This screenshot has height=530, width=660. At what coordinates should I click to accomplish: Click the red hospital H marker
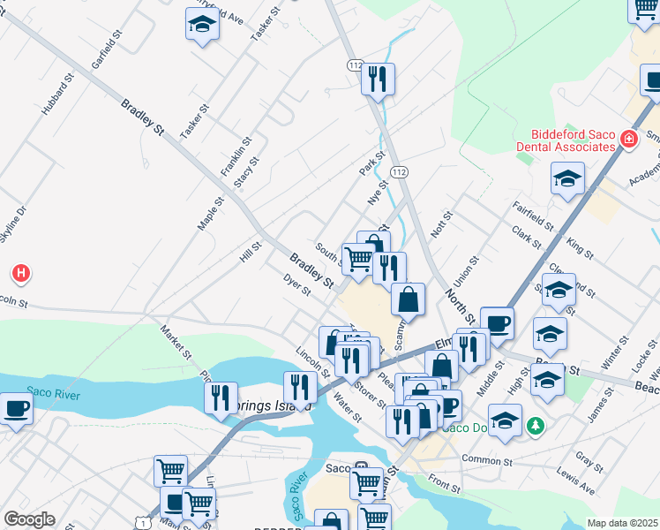(x=22, y=275)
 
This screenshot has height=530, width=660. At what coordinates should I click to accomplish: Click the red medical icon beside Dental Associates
(x=628, y=139)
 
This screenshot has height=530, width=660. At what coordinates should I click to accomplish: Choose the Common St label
(x=486, y=461)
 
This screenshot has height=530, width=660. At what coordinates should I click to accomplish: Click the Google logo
(x=29, y=519)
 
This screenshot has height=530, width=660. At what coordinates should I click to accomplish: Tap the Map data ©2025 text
(x=623, y=523)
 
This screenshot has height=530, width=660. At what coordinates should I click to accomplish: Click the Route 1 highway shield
(x=142, y=523)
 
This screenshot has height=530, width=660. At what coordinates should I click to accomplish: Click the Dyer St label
(x=297, y=284)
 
